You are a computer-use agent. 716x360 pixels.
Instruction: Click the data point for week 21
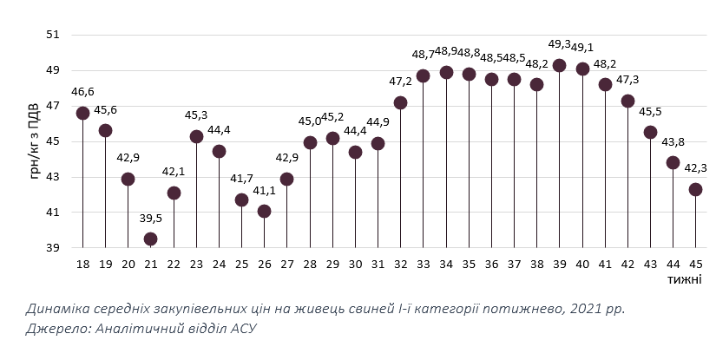click(150, 239)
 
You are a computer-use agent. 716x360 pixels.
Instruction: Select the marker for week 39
click(559, 65)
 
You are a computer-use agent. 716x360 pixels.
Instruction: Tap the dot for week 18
click(82, 113)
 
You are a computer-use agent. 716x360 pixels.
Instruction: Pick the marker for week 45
click(695, 189)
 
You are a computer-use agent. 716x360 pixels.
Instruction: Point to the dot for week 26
click(264, 211)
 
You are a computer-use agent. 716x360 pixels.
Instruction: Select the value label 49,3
click(559, 43)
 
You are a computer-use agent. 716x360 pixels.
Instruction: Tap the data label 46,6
click(82, 91)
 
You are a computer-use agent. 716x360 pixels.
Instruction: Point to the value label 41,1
click(264, 189)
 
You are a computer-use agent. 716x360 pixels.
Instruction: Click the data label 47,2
click(400, 81)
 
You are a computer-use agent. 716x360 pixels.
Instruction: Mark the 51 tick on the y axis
click(53, 35)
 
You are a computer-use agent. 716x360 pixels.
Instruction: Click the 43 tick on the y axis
click(53, 177)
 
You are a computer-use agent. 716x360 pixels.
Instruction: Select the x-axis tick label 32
click(400, 264)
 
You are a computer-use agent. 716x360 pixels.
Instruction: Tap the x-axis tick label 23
click(196, 264)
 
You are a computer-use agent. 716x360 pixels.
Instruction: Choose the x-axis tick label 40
click(581, 264)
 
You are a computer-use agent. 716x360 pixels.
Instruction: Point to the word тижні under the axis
click(686, 278)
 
